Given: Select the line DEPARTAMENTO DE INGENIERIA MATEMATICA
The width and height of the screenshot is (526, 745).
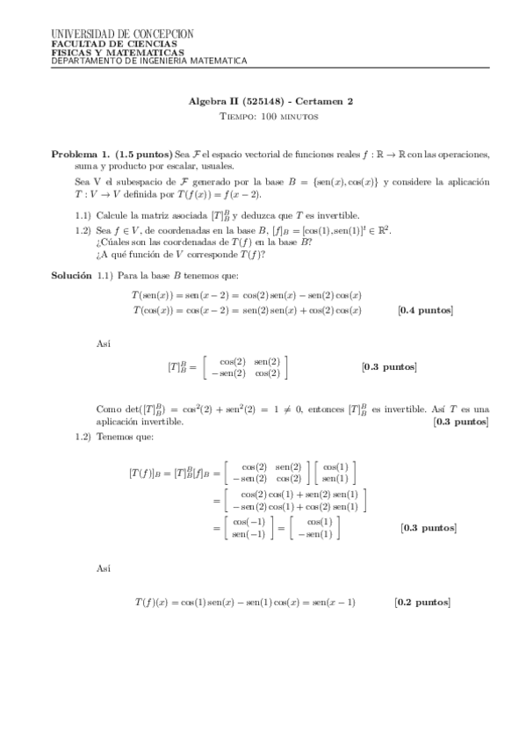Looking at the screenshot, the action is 149,61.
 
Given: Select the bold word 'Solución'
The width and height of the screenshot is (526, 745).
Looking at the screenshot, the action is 71,276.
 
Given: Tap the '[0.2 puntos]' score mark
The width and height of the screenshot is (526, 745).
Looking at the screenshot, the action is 422,602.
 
